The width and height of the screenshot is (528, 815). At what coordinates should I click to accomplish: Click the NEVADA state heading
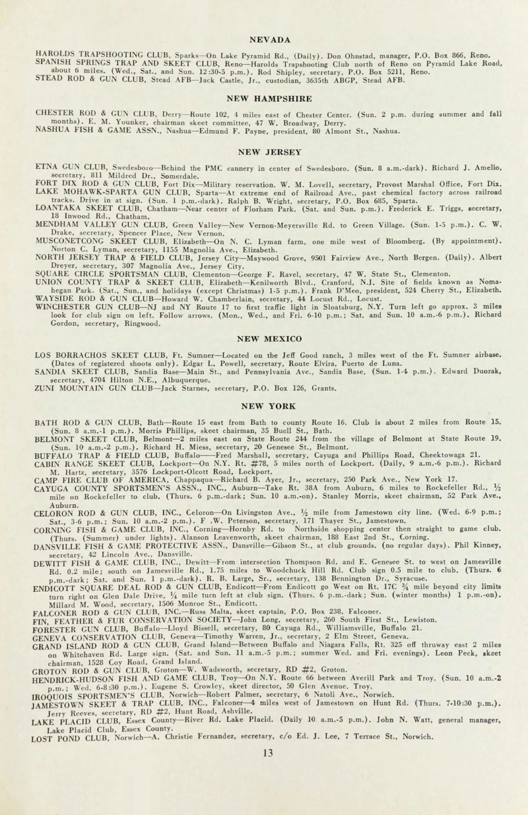click(270, 40)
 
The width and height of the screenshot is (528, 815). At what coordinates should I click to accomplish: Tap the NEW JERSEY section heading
click(269, 152)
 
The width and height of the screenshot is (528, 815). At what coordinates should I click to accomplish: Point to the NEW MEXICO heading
click(269, 339)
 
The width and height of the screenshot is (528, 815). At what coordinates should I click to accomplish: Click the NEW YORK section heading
click(268, 406)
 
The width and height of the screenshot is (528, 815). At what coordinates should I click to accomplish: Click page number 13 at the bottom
click(268, 753)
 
